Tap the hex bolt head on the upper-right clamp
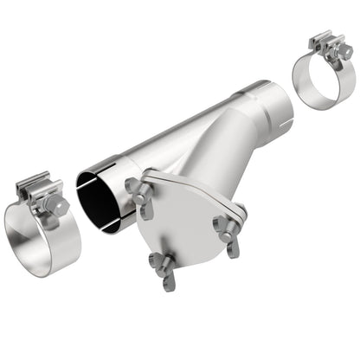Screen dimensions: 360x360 (x=344, y=53)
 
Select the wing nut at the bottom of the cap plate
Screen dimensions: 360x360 (x=163, y=266)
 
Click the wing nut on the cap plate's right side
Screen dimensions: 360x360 (x=228, y=228)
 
